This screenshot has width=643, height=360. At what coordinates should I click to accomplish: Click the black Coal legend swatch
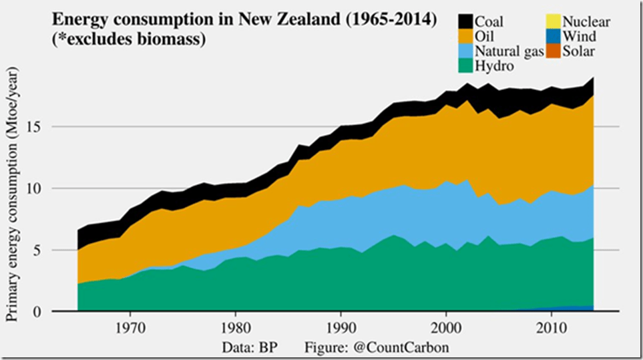tap(466, 22)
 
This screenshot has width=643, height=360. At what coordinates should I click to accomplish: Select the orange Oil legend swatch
tap(466, 36)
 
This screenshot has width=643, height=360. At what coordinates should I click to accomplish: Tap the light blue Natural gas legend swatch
tap(466, 51)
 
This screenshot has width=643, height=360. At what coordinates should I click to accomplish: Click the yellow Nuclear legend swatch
tap(555, 22)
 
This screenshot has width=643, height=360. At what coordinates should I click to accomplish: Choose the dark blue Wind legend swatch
tap(555, 36)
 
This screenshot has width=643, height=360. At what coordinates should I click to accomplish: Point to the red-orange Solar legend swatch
tap(555, 51)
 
